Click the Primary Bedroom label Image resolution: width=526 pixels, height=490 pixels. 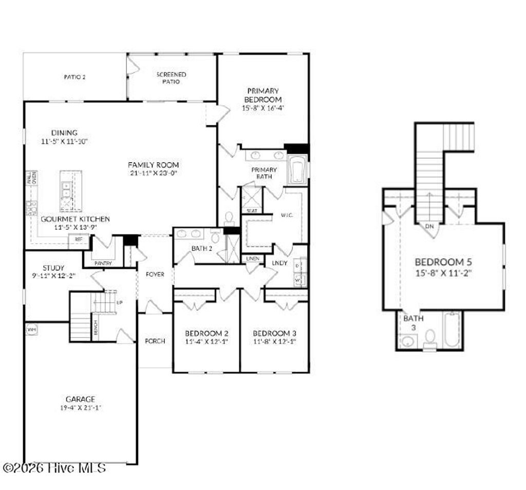[262, 95]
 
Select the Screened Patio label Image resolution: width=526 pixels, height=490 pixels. [171, 77]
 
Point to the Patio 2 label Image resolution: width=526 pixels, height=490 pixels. [74, 77]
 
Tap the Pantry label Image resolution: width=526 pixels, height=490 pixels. [103, 263]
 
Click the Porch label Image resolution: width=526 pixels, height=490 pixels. [155, 341]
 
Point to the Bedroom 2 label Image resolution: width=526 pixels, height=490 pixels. [206, 332]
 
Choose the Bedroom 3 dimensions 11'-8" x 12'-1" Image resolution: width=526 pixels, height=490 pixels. [274, 341]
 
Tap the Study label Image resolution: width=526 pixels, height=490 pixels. [53, 268]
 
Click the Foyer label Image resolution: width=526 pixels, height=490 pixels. [155, 275]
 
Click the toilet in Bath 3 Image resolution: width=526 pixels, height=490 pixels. [430, 338]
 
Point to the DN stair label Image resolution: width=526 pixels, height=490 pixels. [428, 226]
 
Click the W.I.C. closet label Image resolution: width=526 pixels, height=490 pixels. [286, 215]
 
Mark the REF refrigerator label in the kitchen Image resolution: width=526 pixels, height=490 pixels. [79, 239]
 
